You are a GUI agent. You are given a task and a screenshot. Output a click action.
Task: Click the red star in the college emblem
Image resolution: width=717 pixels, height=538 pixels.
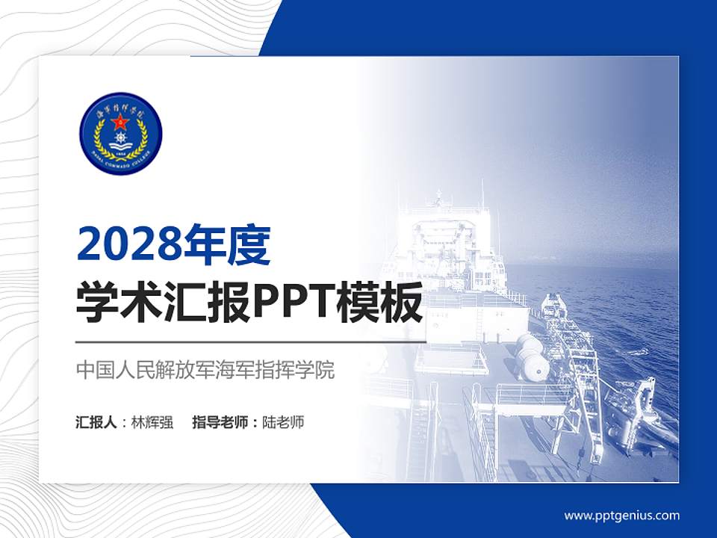[119, 122]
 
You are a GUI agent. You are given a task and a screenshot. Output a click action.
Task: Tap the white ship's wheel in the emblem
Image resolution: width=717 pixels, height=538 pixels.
[119, 139]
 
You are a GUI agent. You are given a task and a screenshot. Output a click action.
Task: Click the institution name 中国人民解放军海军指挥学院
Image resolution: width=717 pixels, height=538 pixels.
[205, 370]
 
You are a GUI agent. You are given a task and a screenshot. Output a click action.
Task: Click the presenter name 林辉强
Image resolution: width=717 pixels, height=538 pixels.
[152, 422]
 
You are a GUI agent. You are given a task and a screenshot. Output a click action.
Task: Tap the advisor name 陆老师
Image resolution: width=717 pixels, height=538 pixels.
[283, 422]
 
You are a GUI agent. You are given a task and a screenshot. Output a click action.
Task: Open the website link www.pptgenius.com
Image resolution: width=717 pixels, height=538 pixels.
[621, 515]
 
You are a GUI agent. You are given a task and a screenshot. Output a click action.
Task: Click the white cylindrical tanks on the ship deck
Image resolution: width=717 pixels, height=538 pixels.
[533, 357]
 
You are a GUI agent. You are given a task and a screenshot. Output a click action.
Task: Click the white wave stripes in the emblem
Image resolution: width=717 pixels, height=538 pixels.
[119, 149]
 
